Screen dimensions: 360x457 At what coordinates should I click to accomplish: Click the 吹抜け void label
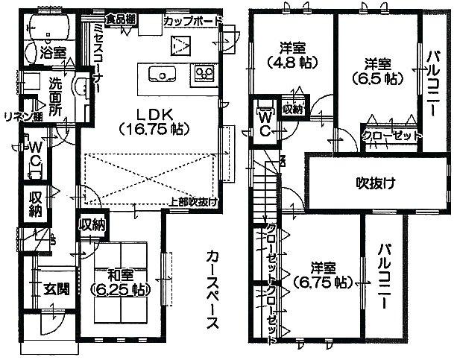[x=374, y=183]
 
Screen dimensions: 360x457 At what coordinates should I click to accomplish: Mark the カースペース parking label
[x=211, y=291]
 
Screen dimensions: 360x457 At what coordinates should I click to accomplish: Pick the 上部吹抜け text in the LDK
[x=192, y=201]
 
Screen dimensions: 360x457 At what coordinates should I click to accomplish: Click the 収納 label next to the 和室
[x=92, y=224]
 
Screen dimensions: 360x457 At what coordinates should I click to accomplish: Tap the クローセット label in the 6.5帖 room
[x=391, y=136]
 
